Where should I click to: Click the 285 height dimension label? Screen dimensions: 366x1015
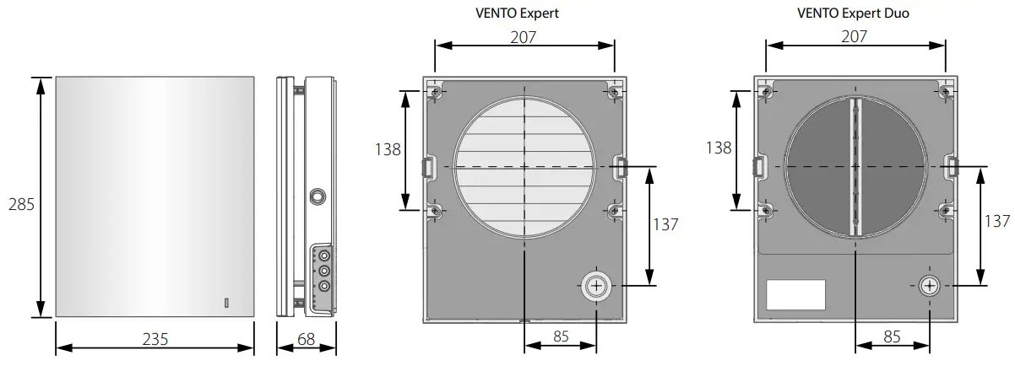[20, 205]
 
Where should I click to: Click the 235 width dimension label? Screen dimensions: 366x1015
[155, 339]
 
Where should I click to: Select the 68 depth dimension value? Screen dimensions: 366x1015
[307, 339]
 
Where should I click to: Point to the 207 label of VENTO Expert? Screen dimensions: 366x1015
[524, 37]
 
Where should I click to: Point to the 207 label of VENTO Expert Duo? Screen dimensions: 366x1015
[855, 37]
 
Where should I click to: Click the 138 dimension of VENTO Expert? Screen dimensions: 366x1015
[388, 148]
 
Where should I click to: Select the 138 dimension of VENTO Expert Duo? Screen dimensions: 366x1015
[719, 148]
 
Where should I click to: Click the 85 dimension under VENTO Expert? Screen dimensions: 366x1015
[560, 335]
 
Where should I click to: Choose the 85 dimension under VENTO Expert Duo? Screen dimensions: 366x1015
[891, 335]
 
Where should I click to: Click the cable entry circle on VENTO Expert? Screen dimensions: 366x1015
[596, 285]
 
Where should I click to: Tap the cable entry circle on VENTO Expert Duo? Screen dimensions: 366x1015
[928, 285]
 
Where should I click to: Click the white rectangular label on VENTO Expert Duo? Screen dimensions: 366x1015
[795, 295]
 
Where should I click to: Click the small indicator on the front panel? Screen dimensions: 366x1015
[225, 302]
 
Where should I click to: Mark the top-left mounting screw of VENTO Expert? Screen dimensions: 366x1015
[435, 91]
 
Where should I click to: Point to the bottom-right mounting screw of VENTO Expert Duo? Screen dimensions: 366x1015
[944, 209]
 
